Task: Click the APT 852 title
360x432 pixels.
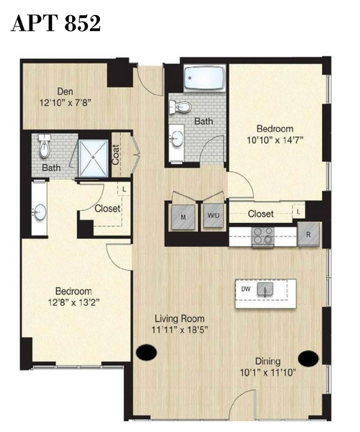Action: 55,23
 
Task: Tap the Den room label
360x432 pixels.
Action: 66,91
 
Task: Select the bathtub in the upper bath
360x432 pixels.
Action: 204,78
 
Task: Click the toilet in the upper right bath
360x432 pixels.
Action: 181,107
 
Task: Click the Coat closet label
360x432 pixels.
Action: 116,155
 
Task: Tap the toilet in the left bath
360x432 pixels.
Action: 45,146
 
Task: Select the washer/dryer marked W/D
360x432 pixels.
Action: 213,216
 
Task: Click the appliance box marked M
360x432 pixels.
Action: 183,217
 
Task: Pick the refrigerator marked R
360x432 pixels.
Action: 308,235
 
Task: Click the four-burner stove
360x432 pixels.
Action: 263,236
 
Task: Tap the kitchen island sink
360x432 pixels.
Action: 265,289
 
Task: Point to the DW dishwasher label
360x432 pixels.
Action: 246,289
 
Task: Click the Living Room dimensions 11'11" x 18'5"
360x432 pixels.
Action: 179,330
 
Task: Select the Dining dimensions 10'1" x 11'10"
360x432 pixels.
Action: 268,373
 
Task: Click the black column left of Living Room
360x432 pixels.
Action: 147,352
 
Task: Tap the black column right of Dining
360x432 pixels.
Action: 308,359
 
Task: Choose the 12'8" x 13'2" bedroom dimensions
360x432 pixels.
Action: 73,302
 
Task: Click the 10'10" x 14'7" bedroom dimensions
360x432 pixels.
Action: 275,140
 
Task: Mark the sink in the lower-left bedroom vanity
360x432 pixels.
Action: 40,212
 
